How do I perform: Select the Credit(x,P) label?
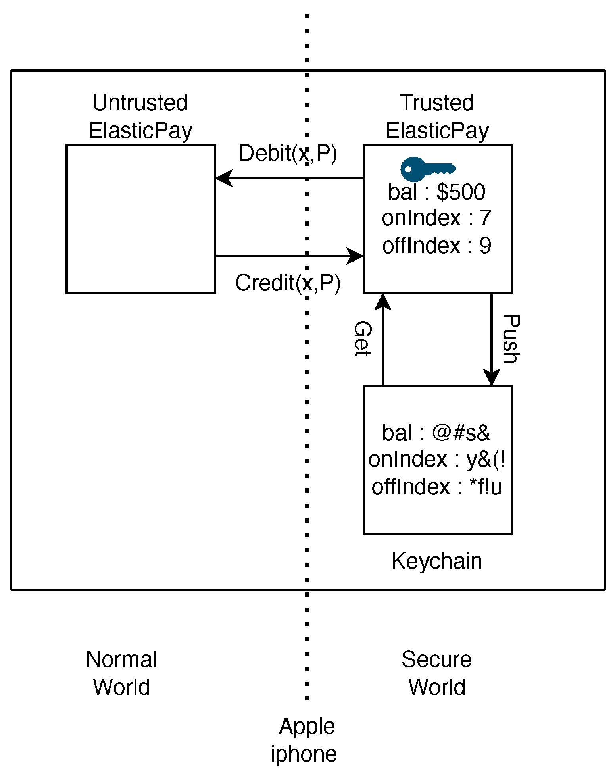(x=288, y=283)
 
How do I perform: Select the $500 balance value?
(x=461, y=192)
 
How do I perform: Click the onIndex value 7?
(x=485, y=218)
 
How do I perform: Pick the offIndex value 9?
(x=485, y=246)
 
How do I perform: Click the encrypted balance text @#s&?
(x=461, y=433)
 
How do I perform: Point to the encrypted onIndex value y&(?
(x=486, y=460)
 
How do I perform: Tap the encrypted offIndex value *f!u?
(x=486, y=487)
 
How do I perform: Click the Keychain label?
(x=437, y=561)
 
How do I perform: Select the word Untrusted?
(x=140, y=103)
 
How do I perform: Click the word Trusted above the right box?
(x=437, y=103)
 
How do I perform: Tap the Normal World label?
(x=121, y=673)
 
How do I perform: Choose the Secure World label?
(x=437, y=673)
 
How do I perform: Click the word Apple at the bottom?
(x=307, y=727)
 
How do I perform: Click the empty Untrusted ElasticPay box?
(x=140, y=219)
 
